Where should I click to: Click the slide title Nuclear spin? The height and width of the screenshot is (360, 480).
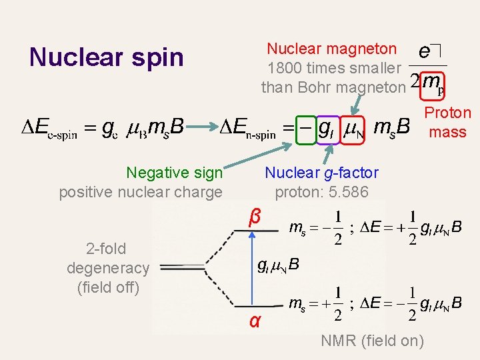(106, 57)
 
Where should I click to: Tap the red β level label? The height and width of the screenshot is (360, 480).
(255, 217)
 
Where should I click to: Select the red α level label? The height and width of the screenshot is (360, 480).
(254, 321)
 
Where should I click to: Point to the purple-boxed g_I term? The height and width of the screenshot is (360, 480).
(327, 127)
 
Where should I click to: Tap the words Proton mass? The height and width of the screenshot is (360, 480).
(447, 122)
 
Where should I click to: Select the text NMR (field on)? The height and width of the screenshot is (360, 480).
(372, 341)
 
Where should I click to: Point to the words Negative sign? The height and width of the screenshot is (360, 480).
(174, 173)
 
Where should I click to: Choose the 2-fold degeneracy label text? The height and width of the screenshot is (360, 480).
(107, 268)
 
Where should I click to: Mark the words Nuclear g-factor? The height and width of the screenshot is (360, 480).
(321, 173)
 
